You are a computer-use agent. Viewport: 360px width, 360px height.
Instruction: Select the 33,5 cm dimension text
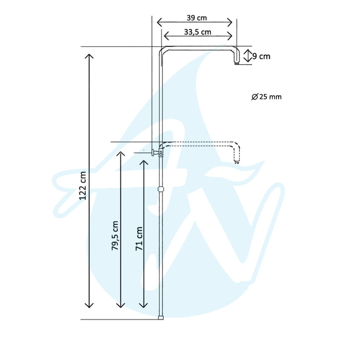click(197, 31)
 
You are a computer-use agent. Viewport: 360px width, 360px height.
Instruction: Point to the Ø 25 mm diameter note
click(267, 97)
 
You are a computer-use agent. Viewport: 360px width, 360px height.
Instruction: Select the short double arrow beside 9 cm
click(247, 56)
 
